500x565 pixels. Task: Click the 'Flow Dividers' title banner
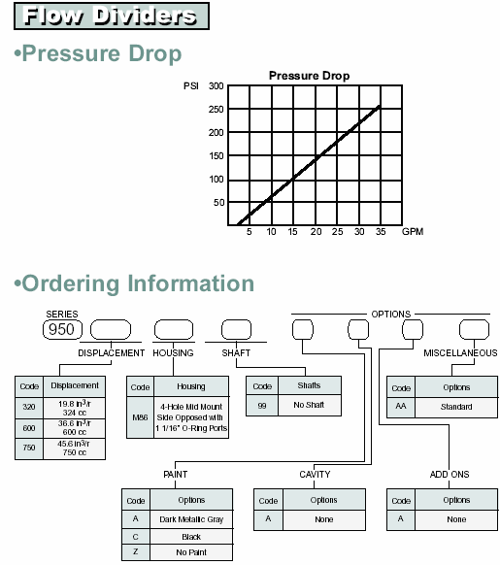coord(112,17)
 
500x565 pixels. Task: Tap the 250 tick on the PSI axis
coord(216,109)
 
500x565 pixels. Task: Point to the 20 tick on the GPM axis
coord(316,232)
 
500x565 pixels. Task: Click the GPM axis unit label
coord(413,231)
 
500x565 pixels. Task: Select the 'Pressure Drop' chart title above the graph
coord(310,76)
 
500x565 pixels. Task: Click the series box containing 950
coord(62,329)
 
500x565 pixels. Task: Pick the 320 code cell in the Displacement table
coord(29,408)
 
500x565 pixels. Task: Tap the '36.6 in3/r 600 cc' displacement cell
coord(74,428)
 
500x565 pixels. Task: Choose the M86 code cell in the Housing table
coord(140,417)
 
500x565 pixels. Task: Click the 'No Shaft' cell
coord(310,405)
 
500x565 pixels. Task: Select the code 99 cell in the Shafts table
coord(262,406)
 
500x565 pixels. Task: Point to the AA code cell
coord(401,407)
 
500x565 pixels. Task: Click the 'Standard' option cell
coord(456,407)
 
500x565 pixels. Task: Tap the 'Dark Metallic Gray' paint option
coord(191,519)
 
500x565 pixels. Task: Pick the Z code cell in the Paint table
coord(136,552)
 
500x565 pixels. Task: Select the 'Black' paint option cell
coord(191,537)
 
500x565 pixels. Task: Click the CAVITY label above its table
coord(315,474)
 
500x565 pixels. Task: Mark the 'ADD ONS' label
coord(450,474)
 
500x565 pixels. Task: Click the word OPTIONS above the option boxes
coord(390,315)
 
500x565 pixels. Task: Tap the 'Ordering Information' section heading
coord(134,283)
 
